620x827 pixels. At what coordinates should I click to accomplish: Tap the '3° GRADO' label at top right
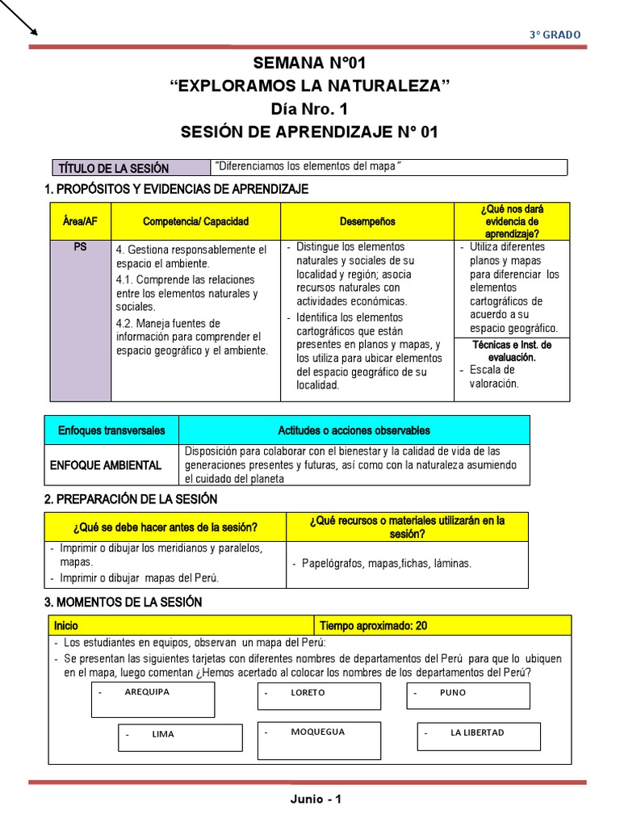point(555,34)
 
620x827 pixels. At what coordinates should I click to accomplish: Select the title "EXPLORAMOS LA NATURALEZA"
point(309,86)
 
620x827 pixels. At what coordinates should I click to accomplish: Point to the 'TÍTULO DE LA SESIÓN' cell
point(113,168)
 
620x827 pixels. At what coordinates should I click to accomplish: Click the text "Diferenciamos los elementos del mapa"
point(308,166)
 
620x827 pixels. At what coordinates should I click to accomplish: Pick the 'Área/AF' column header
point(80,221)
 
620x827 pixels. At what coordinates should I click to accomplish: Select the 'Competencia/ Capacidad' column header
point(195,221)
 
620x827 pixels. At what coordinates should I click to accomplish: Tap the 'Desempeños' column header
point(367,221)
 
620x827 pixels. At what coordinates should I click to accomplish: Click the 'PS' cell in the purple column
point(80,247)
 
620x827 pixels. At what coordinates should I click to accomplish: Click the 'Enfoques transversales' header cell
point(111,430)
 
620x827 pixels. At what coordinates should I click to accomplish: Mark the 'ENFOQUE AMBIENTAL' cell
point(106,465)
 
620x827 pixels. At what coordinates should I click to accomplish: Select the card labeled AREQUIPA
point(153,699)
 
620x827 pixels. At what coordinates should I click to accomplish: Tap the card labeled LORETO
point(319,696)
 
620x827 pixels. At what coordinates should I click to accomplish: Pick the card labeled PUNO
point(467,695)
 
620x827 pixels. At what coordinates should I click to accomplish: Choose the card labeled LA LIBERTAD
point(478,736)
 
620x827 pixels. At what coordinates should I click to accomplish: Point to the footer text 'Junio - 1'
point(316,800)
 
